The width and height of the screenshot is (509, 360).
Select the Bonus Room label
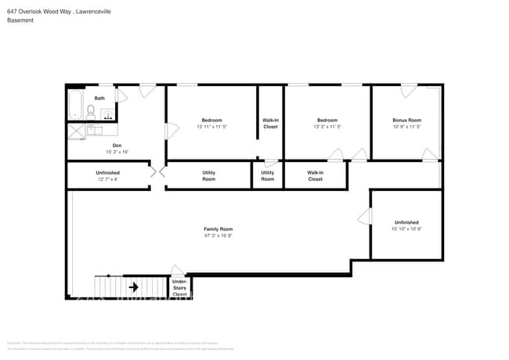pyautogui.click(x=406, y=120)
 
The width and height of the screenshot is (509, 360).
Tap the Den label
pyautogui.click(x=117, y=146)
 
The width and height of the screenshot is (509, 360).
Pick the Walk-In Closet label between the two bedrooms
pyautogui.click(x=270, y=123)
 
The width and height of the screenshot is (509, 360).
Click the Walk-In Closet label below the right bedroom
pyautogui.click(x=315, y=175)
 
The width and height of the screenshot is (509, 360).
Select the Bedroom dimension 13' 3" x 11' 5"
pyautogui.click(x=327, y=126)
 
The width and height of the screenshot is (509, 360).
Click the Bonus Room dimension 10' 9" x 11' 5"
pyautogui.click(x=406, y=126)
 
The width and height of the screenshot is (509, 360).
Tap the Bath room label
pyautogui.click(x=99, y=98)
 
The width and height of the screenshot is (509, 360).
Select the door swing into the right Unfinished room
pyautogui.click(x=364, y=215)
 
